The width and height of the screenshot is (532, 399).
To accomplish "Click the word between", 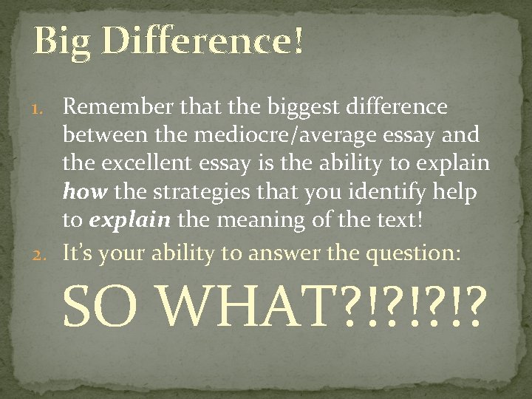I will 101,136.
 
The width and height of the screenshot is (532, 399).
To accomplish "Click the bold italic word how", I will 81,194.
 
